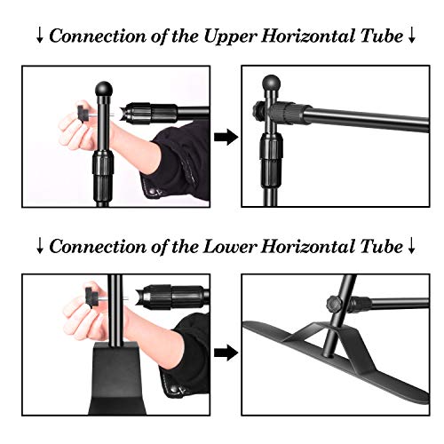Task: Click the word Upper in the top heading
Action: click(229, 37)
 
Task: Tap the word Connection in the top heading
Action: click(98, 36)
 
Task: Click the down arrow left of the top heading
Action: click(40, 36)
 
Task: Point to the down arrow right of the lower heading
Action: click(411, 247)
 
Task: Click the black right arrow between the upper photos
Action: click(226, 137)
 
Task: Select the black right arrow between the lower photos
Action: click(226, 353)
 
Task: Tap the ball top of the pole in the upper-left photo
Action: click(104, 89)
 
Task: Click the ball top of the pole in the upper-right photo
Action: click(272, 83)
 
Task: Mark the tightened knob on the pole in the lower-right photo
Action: click(335, 304)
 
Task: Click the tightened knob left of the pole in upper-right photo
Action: click(259, 110)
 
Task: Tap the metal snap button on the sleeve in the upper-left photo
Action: click(154, 192)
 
